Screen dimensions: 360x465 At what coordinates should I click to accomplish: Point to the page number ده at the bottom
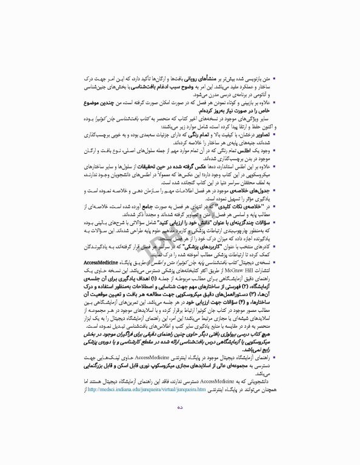180,441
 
